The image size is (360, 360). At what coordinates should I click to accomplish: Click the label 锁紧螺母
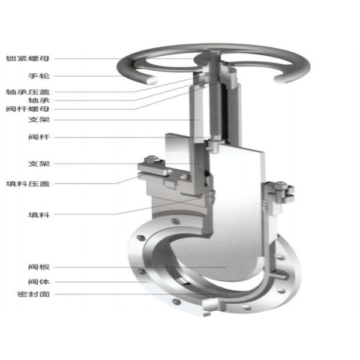coord(28,59)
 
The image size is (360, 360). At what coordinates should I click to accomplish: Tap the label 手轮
coord(39,76)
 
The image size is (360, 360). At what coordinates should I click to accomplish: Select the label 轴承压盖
coord(28,92)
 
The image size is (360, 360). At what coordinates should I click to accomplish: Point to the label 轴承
coord(39,100)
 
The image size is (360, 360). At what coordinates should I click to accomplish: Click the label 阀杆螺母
coord(28,109)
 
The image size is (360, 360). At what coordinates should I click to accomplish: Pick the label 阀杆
coord(39,137)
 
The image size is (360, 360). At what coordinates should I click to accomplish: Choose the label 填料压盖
coord(28,184)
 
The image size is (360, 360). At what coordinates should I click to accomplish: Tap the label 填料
coord(39,215)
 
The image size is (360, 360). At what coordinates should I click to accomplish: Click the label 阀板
coord(39,267)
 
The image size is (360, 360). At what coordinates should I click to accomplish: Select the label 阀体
coord(39,282)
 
